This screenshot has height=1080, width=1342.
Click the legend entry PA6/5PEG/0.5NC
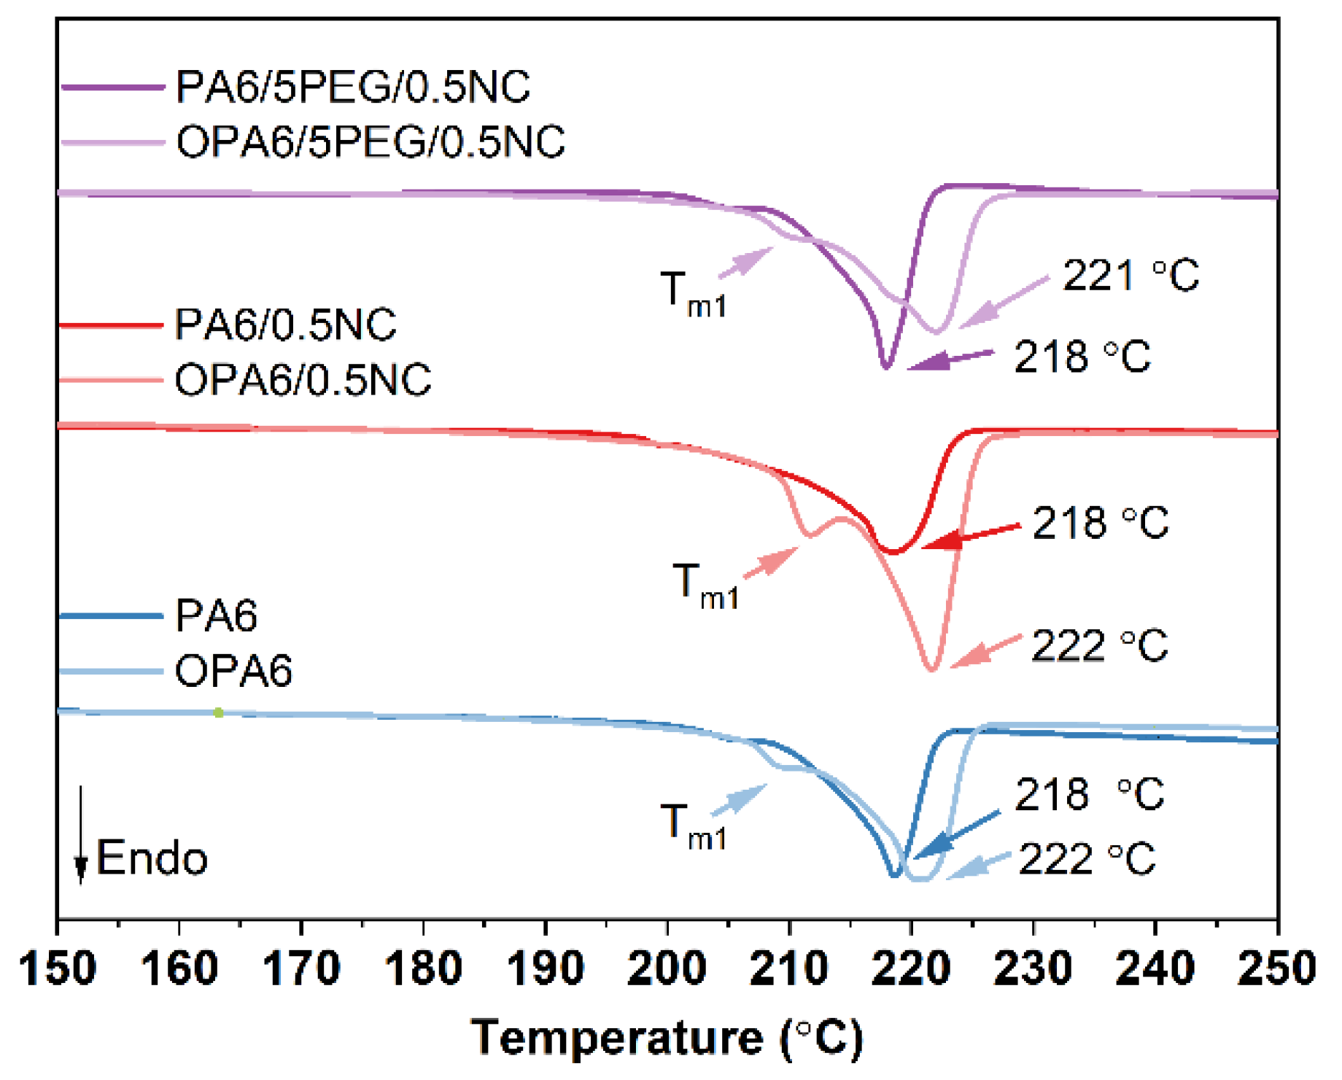pos(352,88)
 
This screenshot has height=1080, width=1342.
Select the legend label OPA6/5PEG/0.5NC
pos(371,141)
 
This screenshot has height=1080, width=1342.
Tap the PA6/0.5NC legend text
pos(285,325)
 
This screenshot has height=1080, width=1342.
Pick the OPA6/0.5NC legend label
pos(303,380)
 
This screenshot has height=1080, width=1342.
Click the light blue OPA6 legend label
pos(233,671)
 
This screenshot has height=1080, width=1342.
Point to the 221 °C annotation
pos(1130,276)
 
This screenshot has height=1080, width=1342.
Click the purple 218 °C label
pos(1082,357)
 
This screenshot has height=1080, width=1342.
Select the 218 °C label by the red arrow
pos(1100,523)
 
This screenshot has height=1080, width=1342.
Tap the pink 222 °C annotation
pos(1099,646)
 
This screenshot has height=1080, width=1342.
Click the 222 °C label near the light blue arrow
pos(1087,859)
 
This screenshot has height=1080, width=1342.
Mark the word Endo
pos(152,858)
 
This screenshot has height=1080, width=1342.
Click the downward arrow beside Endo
pos(81,836)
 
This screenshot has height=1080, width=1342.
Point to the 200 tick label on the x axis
pos(667,969)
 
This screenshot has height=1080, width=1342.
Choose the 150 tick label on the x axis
pos(58,969)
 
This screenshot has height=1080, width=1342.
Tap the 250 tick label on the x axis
pos(1276,969)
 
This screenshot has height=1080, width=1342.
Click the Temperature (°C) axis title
pos(667,1038)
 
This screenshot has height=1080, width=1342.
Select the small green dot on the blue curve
pos(218,712)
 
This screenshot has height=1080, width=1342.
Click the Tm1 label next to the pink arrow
pos(705,586)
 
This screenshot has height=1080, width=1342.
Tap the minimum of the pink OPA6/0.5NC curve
pos(931,668)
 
